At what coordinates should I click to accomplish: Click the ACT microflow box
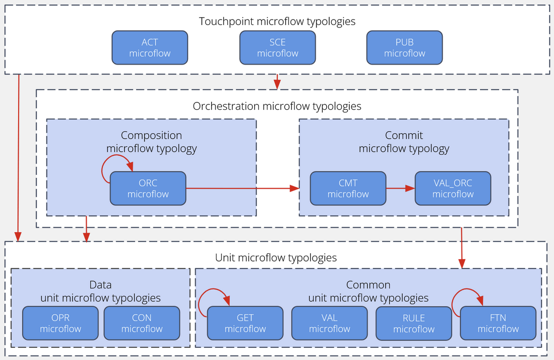(x=150, y=48)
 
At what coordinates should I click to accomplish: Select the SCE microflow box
(x=278, y=48)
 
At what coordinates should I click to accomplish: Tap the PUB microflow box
(x=405, y=48)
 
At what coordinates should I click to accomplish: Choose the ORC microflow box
(x=148, y=189)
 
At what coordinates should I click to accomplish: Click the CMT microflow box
(x=348, y=189)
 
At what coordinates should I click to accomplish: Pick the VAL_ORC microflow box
(x=453, y=189)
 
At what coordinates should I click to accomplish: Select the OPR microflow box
(x=61, y=323)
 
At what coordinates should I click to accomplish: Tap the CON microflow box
(x=142, y=323)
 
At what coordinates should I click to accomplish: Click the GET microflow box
(x=245, y=323)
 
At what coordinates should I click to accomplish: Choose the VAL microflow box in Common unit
(x=330, y=323)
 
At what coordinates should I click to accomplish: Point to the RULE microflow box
(x=414, y=323)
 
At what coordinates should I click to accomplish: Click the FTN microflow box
(x=498, y=323)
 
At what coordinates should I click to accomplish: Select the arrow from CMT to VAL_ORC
(x=400, y=188)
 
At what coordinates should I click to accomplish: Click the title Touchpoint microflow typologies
(x=277, y=22)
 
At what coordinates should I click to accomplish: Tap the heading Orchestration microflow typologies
(x=277, y=106)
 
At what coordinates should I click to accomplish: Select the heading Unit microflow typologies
(x=276, y=258)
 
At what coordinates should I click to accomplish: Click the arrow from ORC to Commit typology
(x=242, y=188)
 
